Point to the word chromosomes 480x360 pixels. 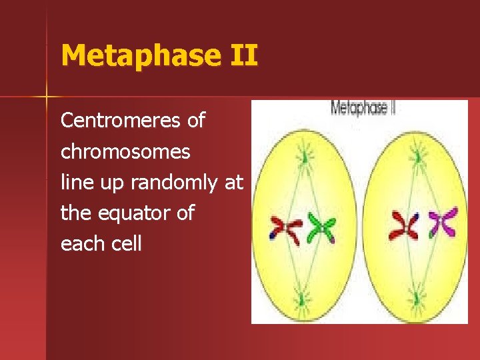pos(125,152)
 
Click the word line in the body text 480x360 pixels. pos(75,182)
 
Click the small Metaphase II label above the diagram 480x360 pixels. pos(363,108)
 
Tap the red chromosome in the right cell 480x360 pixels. pos(405,225)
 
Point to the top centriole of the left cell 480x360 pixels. pos(305,156)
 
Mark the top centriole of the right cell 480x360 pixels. pos(419,156)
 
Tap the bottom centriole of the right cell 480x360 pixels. pos(417,297)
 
